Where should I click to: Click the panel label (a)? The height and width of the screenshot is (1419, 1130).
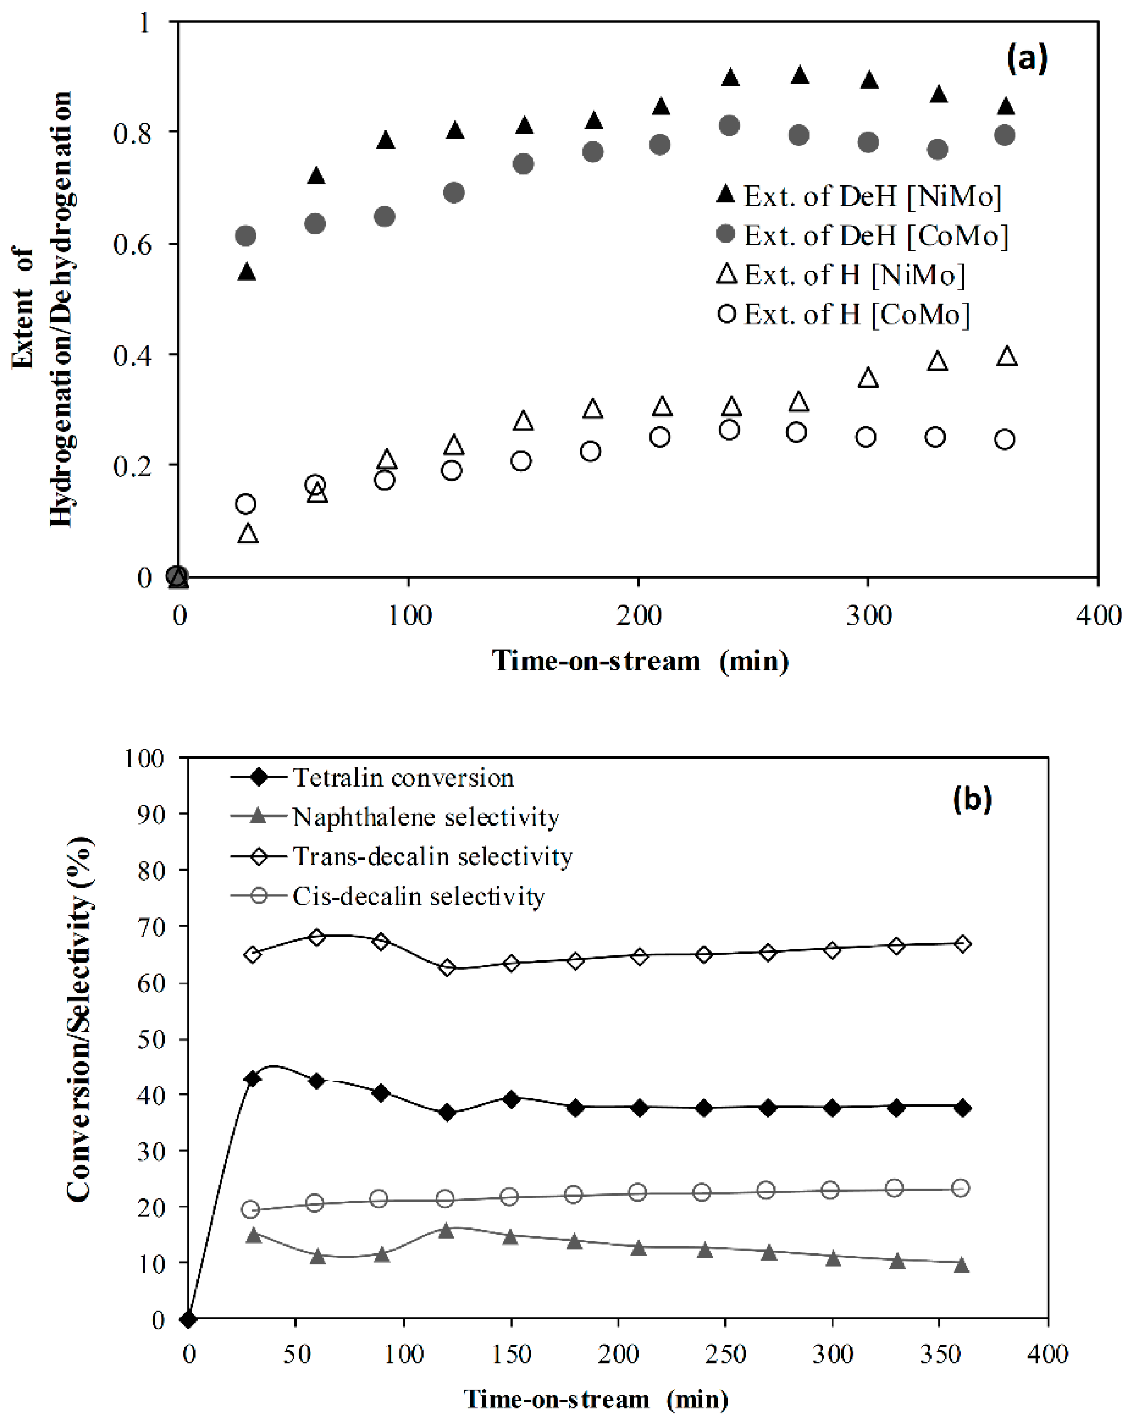[x=1027, y=59]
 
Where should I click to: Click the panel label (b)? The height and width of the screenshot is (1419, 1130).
[x=972, y=798]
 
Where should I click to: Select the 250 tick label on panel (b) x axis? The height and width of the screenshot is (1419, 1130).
[x=725, y=1355]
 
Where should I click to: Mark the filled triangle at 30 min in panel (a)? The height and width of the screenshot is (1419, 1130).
[x=246, y=271]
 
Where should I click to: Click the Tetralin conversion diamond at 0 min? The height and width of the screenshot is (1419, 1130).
[x=188, y=1320]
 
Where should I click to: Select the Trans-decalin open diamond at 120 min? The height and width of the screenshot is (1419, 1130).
[x=448, y=968]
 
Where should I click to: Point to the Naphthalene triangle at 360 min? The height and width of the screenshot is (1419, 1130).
[x=961, y=1265]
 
